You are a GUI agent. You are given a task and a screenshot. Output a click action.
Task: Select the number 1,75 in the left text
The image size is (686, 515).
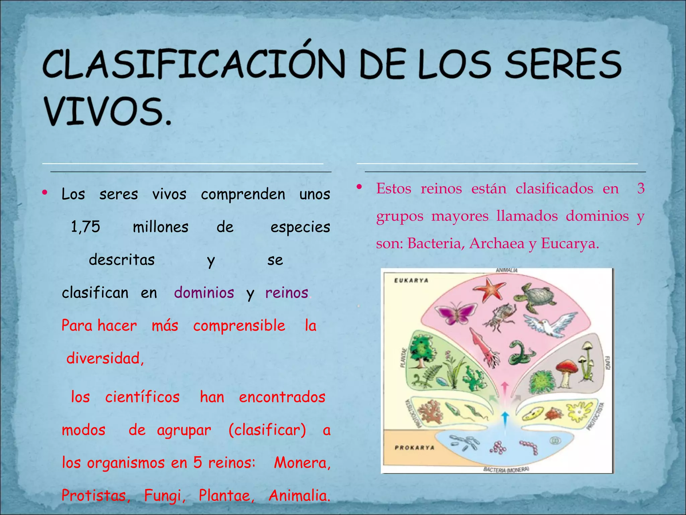pos(85,227)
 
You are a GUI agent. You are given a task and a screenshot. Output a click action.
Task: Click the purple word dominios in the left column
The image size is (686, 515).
pos(204,293)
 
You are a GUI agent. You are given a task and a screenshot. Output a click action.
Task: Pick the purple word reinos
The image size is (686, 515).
pos(287,293)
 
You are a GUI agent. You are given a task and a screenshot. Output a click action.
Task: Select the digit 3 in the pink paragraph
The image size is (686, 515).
pos(641,188)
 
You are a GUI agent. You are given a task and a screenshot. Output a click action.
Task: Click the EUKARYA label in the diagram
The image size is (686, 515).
pos(411,281)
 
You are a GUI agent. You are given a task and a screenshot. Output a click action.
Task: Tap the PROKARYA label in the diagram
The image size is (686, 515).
pos(414,448)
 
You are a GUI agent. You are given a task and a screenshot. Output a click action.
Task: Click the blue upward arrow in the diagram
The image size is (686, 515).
pos(505,419)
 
